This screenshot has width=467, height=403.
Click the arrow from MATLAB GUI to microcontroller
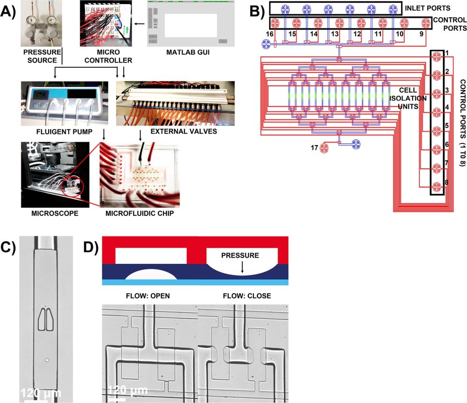138,22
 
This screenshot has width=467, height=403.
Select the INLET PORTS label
428,8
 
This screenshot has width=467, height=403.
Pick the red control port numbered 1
437,57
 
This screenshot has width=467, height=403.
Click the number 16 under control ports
269,35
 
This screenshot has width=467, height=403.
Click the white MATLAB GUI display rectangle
191,25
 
